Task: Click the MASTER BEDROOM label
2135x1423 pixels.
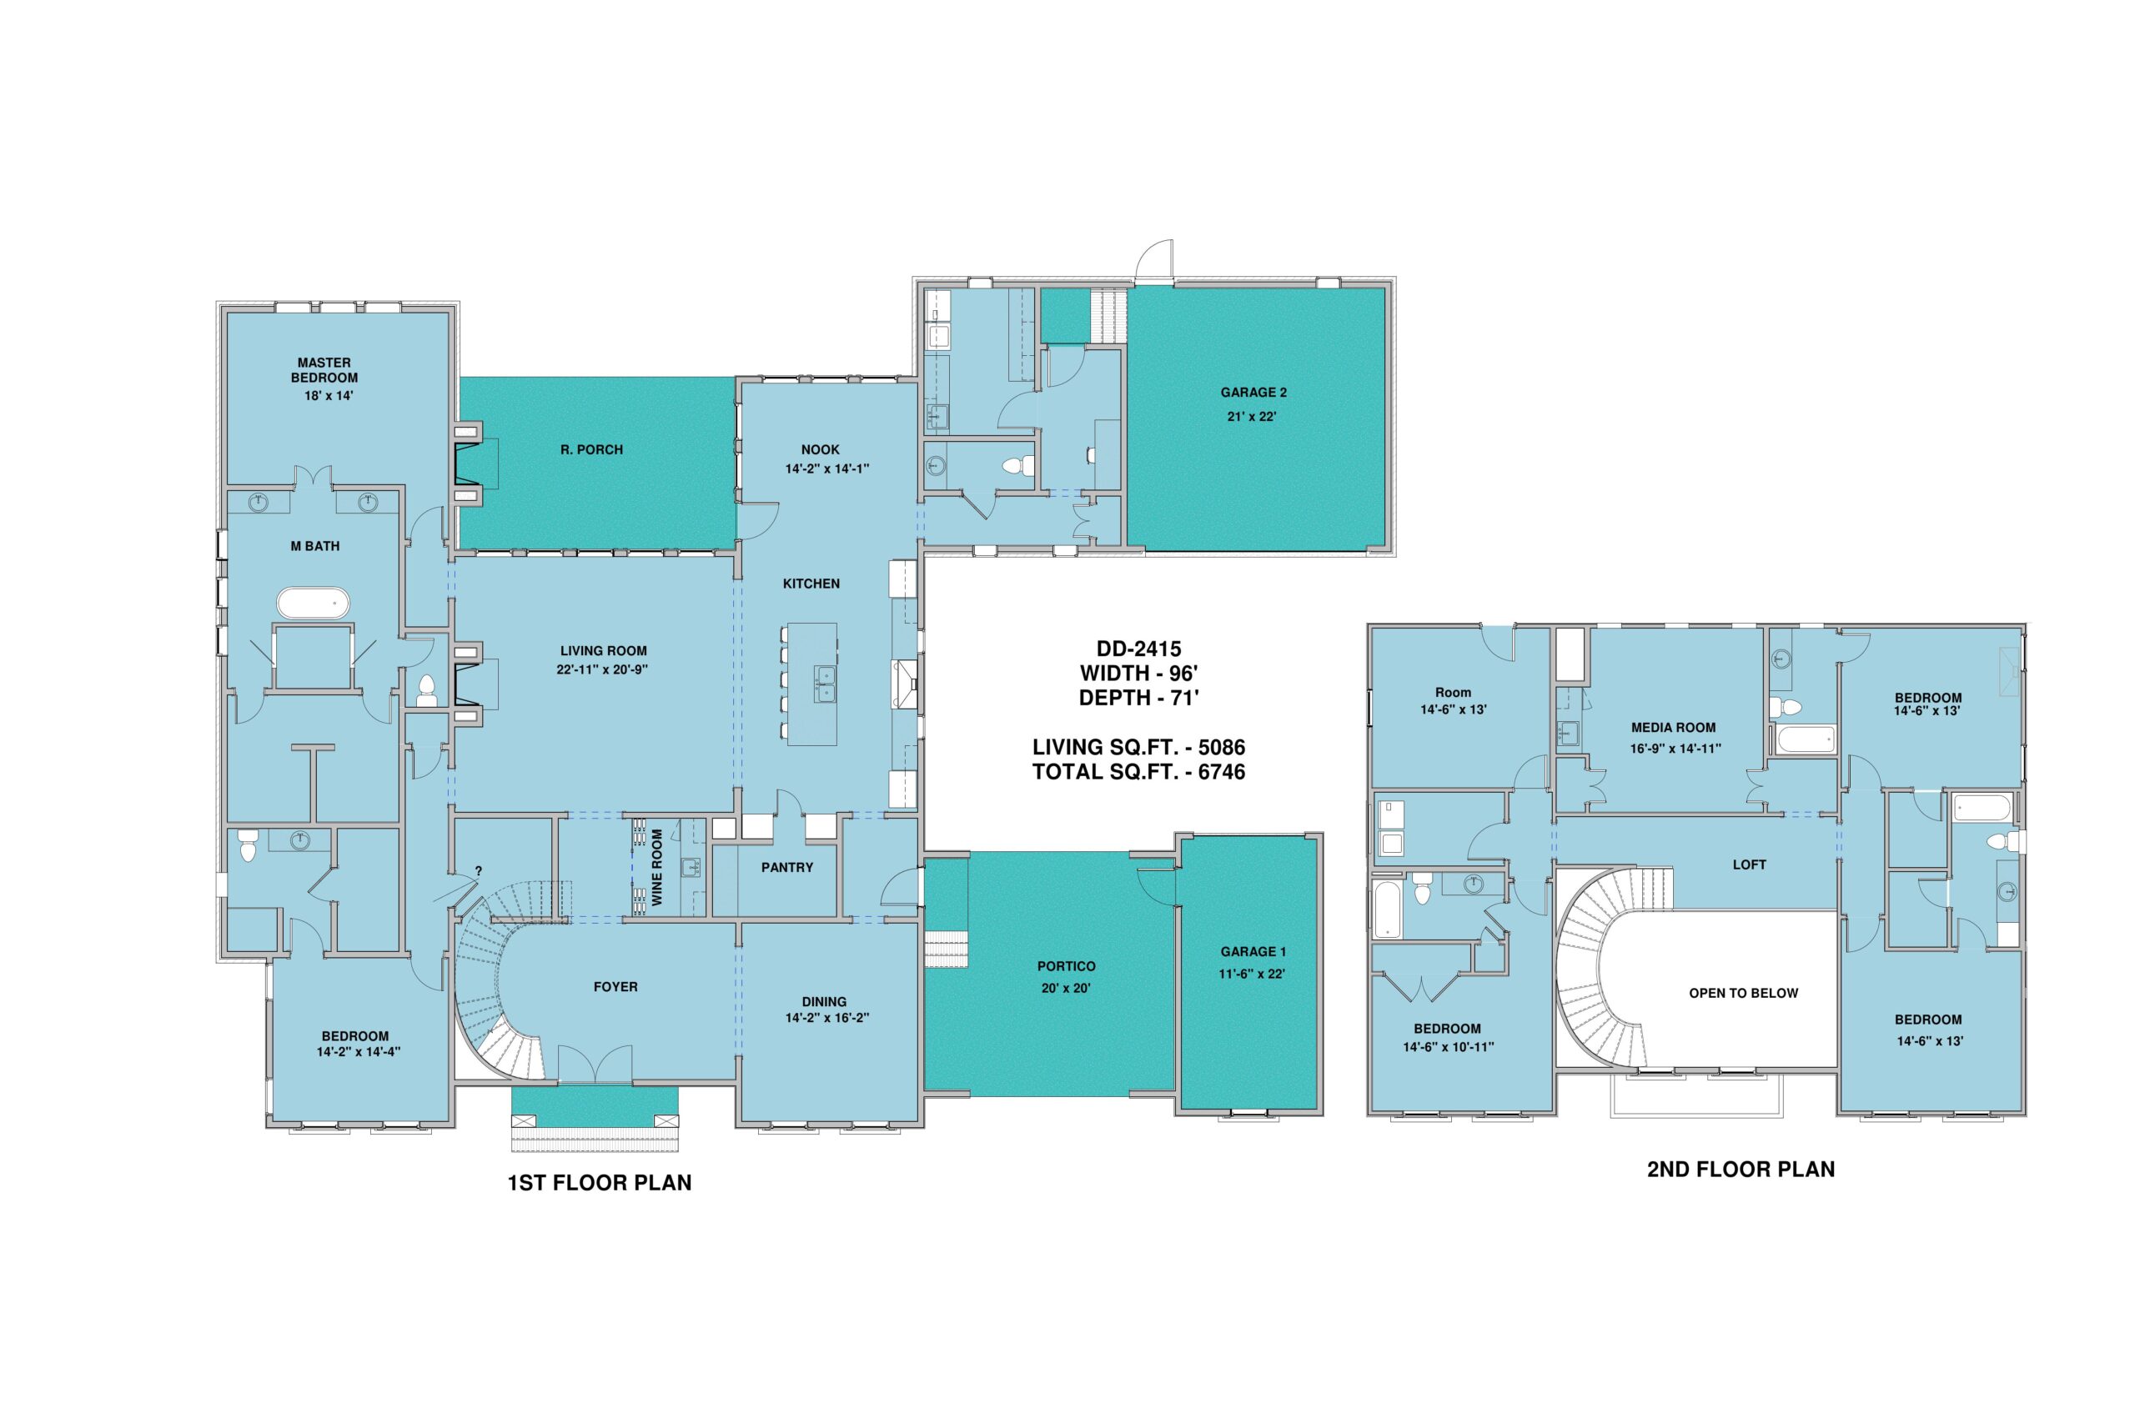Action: click(324, 370)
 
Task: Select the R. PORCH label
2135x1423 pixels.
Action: click(592, 449)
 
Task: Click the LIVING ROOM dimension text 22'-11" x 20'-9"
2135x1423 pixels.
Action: click(603, 669)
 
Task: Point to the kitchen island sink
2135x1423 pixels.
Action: click(826, 683)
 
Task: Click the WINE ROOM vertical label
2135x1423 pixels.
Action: click(657, 867)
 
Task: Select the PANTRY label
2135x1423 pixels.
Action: click(787, 868)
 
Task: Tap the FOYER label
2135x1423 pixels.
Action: click(615, 986)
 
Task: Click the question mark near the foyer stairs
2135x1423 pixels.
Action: click(479, 871)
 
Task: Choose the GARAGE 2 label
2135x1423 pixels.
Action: click(1253, 392)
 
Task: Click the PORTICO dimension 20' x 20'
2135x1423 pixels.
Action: click(1066, 987)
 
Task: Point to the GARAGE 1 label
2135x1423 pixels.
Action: click(1253, 952)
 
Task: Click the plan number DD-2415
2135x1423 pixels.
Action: click(1138, 649)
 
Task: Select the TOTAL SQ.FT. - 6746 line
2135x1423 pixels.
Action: click(1138, 772)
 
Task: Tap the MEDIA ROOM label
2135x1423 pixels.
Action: click(1673, 727)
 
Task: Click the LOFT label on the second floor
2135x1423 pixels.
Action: click(1749, 864)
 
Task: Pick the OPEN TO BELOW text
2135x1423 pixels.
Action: click(1743, 993)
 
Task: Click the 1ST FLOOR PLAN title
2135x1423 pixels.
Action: click(599, 1183)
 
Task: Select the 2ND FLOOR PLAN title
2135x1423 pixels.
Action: click(1741, 1169)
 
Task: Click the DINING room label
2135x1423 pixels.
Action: click(824, 1002)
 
